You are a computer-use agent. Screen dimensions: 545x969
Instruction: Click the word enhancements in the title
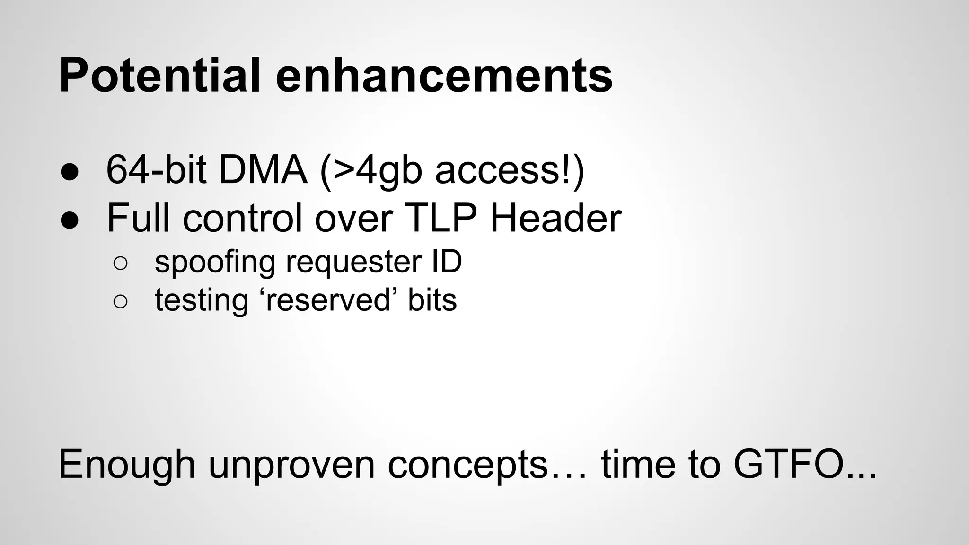(444, 76)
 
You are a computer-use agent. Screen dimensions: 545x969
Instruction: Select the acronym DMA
(263, 170)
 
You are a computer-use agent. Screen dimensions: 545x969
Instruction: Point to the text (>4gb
(370, 171)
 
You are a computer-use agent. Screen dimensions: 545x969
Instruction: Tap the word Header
(555, 218)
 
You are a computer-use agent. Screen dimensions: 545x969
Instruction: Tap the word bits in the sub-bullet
(432, 300)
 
